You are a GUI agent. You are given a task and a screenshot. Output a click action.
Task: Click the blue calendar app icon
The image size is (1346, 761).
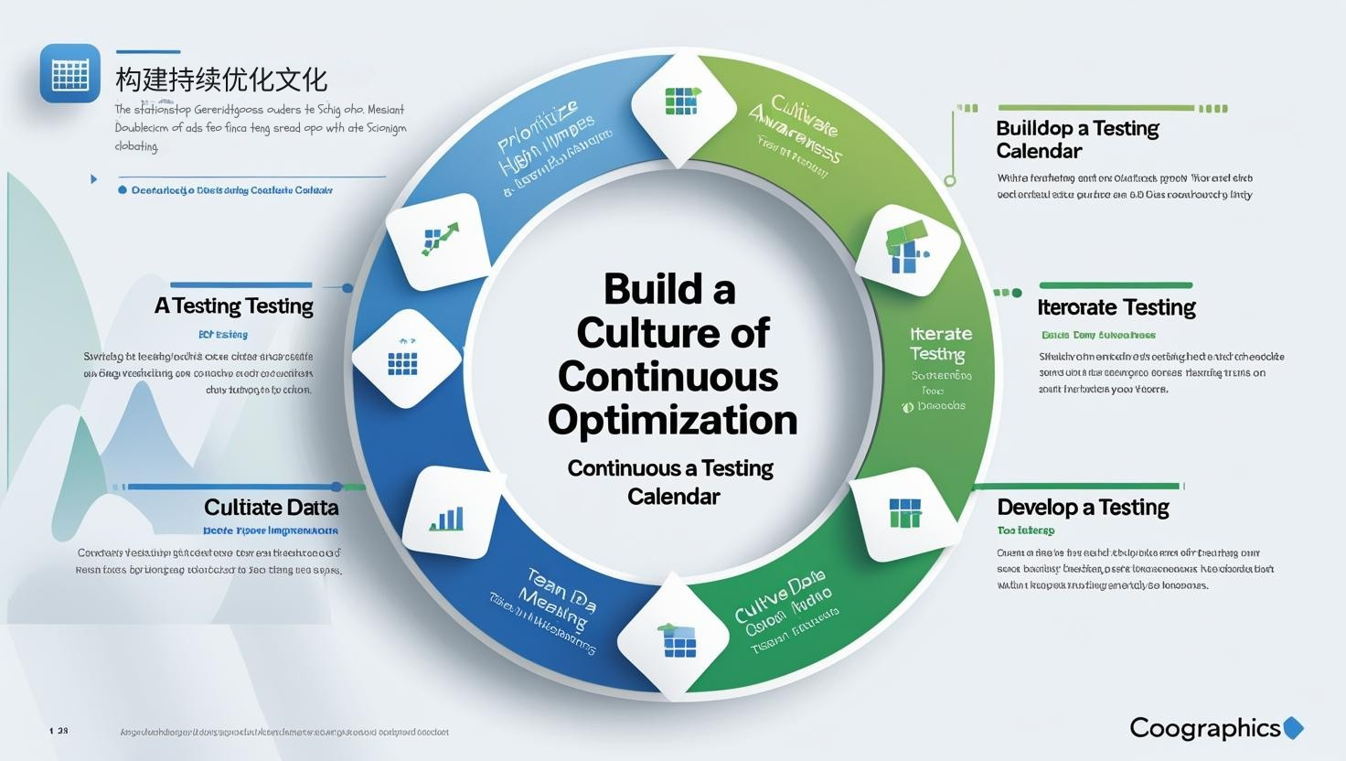coord(70,73)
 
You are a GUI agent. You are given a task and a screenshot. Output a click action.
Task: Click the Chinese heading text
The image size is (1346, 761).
coord(221,79)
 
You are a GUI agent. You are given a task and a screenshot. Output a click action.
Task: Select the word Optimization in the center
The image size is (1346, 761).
coord(673,420)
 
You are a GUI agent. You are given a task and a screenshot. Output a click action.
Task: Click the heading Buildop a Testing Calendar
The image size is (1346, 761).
coord(1077,139)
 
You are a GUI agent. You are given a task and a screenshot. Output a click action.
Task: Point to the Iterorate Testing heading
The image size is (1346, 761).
coord(1116,307)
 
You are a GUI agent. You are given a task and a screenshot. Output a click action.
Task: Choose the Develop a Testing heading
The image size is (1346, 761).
coord(1083,507)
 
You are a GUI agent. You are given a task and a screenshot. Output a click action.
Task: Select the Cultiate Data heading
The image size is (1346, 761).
coord(271,507)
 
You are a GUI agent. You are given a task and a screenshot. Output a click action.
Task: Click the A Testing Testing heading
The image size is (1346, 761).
coord(234,305)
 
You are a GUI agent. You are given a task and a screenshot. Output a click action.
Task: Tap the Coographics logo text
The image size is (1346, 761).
coord(1204,727)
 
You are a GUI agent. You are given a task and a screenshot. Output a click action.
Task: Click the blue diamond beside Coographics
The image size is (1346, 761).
coord(1293,727)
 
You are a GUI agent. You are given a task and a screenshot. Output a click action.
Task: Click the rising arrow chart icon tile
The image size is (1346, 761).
coord(439,240)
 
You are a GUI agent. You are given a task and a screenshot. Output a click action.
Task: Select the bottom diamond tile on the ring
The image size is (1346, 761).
coord(678,638)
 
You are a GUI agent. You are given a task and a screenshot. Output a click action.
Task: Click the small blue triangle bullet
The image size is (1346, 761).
coord(93,178)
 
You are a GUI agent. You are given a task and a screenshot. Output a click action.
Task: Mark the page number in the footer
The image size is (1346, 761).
coord(59,731)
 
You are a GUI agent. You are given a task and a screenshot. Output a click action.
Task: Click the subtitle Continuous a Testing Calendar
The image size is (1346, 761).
coord(671,482)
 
